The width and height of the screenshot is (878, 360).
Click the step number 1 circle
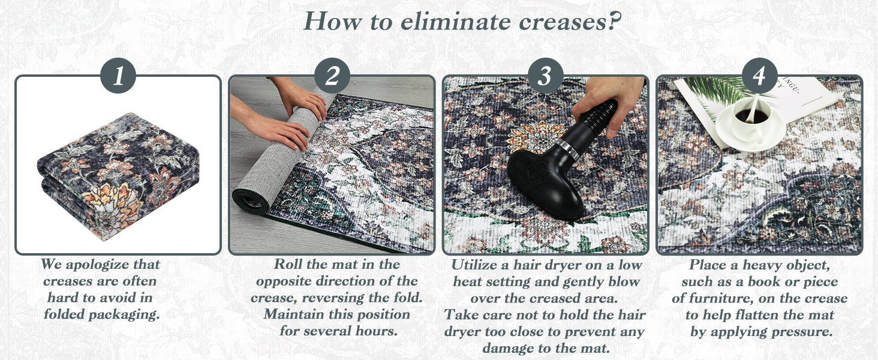tap(118, 75)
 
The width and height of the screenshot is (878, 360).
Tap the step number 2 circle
tap(332, 75)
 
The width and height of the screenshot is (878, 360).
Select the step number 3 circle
tap(546, 75)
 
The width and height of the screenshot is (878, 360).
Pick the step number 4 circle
tap(760, 75)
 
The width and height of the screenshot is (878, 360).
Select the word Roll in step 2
tap(288, 264)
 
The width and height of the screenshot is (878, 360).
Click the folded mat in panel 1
tap(118, 176)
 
